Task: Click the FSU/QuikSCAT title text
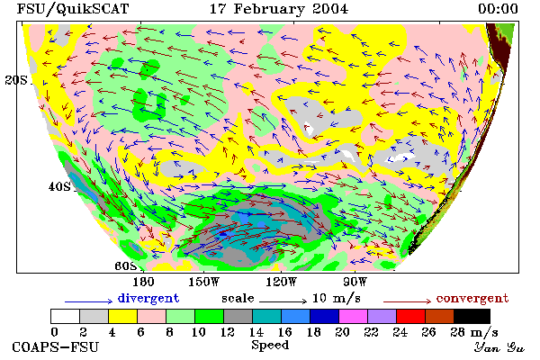(x=73, y=9)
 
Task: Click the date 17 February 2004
(x=279, y=9)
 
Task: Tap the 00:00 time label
(x=498, y=9)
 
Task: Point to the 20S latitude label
(x=16, y=80)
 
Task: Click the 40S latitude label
(x=59, y=186)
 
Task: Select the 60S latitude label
(x=125, y=266)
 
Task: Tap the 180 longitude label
(x=143, y=282)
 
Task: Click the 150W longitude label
(x=204, y=282)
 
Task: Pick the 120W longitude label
(x=281, y=282)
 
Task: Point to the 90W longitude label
(x=355, y=282)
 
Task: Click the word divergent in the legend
(x=148, y=298)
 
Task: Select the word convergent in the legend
(x=472, y=298)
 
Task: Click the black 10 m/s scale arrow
(x=283, y=301)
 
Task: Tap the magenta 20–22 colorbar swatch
(x=354, y=316)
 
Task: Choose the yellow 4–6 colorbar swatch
(x=122, y=316)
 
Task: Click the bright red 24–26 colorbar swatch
(x=411, y=316)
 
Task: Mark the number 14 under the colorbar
(x=256, y=332)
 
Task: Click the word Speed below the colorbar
(x=270, y=346)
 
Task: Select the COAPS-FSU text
(x=56, y=346)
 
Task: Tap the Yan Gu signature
(x=499, y=347)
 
